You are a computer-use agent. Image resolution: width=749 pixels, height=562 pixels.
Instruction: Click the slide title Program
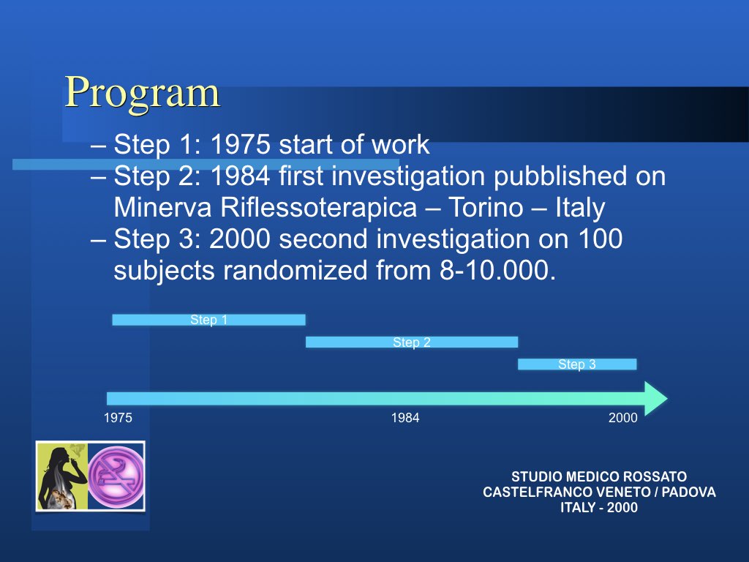[x=143, y=93]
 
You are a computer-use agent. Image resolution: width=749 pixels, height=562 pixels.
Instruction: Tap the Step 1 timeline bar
[x=208, y=320]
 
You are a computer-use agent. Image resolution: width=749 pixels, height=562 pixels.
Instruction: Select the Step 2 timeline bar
[x=412, y=342]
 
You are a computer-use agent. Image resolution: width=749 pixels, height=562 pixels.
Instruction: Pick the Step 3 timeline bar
[x=577, y=364]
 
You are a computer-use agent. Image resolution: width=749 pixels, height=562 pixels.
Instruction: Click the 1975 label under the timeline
[x=118, y=418]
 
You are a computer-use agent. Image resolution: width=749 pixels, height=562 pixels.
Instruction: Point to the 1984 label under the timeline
[x=405, y=418]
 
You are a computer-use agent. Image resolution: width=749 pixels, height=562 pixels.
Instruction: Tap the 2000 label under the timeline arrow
[x=623, y=418]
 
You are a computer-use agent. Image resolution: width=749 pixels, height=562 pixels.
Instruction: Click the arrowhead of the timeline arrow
[x=655, y=399]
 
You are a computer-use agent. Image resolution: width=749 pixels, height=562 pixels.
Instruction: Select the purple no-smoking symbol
[x=116, y=476]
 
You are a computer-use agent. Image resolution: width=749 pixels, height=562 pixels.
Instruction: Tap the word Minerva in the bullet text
[x=162, y=207]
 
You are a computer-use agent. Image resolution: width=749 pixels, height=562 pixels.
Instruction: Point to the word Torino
[x=486, y=207]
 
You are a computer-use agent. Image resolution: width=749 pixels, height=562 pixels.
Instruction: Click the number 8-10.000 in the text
[x=497, y=271]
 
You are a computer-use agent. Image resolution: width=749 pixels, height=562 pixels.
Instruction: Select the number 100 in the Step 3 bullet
[x=601, y=239]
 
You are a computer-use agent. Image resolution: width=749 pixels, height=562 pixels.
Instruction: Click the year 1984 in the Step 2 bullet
[x=240, y=176]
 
